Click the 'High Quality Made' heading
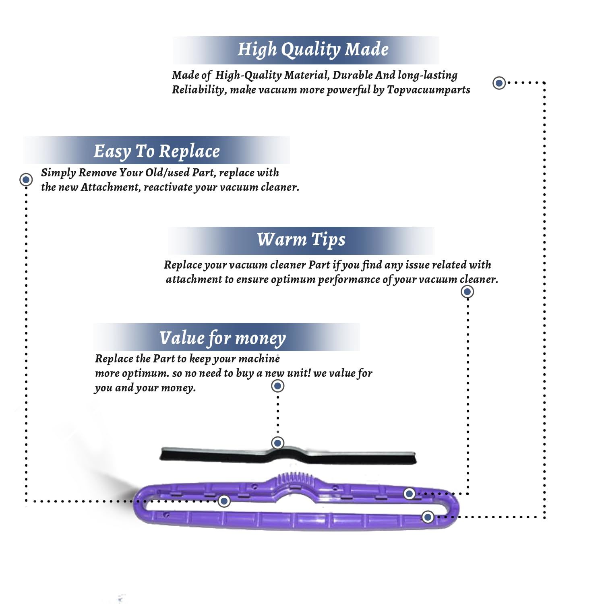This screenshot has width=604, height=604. click(x=313, y=50)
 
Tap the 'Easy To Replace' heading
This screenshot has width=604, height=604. click(x=157, y=151)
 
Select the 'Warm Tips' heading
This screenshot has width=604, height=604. click(x=301, y=240)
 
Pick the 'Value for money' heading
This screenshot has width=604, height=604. click(x=222, y=338)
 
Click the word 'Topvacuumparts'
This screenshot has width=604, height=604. click(x=428, y=90)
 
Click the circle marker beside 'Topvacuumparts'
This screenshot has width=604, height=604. click(x=499, y=83)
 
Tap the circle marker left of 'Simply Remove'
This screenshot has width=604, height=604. click(x=26, y=179)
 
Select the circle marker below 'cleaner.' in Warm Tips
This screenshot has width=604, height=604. click(x=467, y=292)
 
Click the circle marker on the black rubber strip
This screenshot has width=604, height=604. click(x=277, y=443)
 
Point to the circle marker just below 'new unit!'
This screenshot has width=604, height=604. click(x=277, y=386)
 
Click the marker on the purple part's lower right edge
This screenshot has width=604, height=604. click(x=428, y=517)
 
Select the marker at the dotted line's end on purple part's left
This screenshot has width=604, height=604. click(x=224, y=501)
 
